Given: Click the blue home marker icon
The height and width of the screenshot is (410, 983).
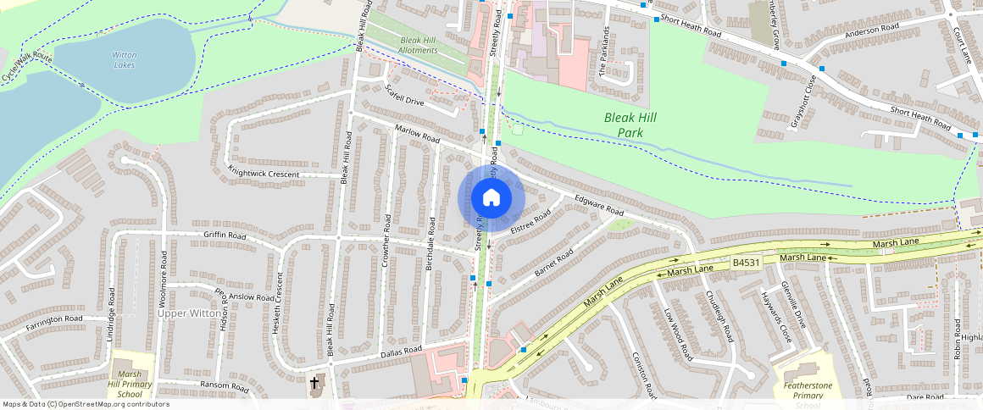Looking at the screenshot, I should click(491, 198).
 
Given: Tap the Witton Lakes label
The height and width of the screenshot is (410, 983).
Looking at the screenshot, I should click(124, 60).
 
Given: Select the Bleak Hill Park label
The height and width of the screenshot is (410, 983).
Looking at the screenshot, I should click(630, 125).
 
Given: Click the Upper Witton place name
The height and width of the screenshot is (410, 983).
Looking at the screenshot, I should click(188, 313).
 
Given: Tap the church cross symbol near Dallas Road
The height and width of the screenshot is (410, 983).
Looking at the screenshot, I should click(314, 383).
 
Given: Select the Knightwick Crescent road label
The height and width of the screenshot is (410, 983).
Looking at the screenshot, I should click(263, 173).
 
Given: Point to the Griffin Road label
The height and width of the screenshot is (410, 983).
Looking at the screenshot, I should click(225, 234).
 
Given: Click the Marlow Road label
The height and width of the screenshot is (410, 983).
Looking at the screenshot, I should click(417, 133).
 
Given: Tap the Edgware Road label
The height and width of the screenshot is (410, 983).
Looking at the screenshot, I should click(598, 205).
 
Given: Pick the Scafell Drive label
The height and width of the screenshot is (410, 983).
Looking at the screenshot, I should click(403, 94).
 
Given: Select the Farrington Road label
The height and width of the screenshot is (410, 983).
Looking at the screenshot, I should click(54, 320).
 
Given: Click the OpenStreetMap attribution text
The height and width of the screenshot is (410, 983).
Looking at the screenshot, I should click(86, 404).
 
